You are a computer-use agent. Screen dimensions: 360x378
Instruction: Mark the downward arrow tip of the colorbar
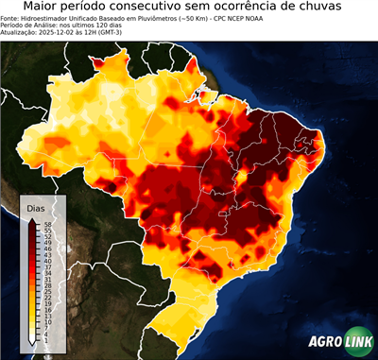pyautogui.click(x=31, y=344)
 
